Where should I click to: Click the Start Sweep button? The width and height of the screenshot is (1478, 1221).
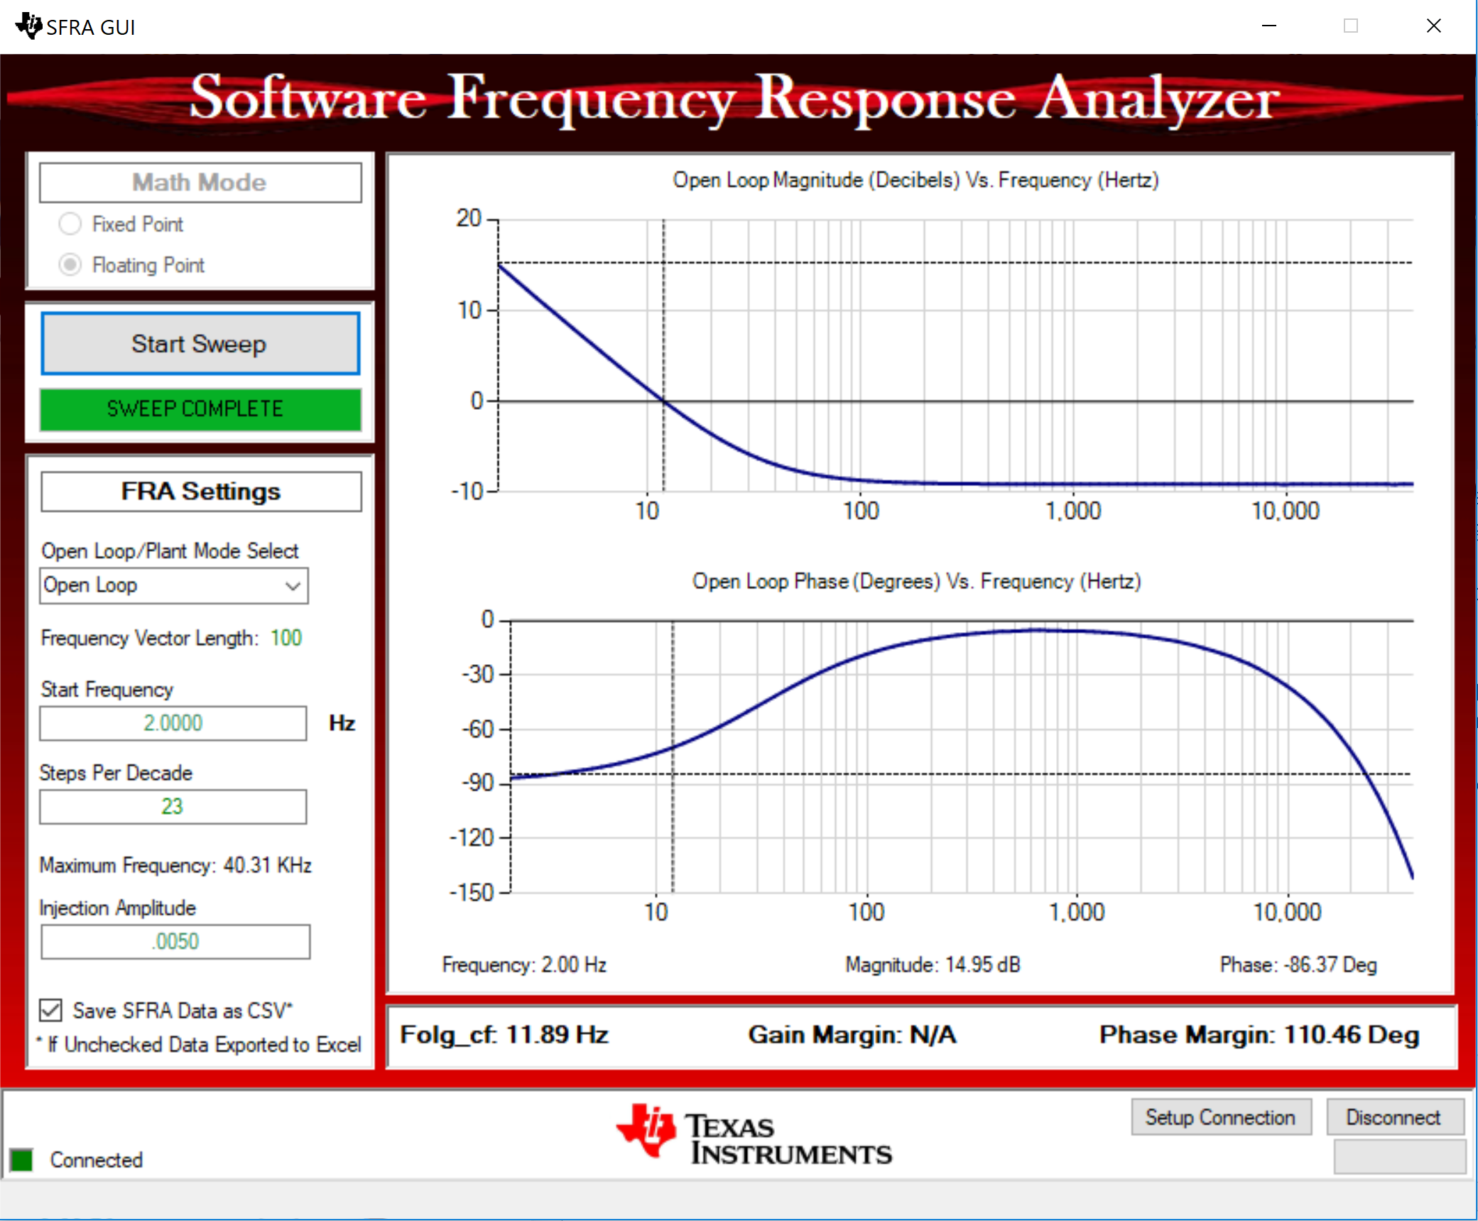click(x=200, y=344)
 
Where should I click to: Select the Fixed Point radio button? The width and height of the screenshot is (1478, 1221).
click(x=70, y=224)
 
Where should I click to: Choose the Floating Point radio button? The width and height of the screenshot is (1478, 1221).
click(x=70, y=265)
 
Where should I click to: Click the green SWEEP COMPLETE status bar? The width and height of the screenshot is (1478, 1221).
click(x=200, y=409)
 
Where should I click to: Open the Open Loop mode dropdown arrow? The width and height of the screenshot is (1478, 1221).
click(x=293, y=586)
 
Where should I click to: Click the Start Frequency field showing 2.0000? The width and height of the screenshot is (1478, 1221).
click(x=173, y=723)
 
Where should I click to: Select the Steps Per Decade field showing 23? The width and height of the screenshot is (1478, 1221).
click(x=173, y=807)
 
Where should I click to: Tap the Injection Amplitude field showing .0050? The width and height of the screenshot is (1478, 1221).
click(x=175, y=942)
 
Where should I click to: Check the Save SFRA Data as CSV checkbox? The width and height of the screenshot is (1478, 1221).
click(x=50, y=1010)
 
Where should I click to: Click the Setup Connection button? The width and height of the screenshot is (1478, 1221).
click(x=1221, y=1117)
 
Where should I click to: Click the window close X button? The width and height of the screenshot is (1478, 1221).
click(x=1434, y=26)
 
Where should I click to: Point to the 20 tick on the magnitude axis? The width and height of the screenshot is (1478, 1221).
click(x=469, y=218)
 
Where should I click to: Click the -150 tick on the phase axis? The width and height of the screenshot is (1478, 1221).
click(x=472, y=892)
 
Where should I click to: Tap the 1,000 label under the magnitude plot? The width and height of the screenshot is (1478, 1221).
click(x=1073, y=511)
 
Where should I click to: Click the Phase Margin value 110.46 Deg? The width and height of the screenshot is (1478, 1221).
click(x=1352, y=1035)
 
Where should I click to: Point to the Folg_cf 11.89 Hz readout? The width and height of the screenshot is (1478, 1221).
click(x=504, y=1035)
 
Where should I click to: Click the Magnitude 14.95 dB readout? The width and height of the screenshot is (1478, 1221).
click(x=933, y=965)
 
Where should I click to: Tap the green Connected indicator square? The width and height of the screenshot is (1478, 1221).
click(x=21, y=1160)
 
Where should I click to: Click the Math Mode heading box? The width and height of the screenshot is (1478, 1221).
click(x=200, y=183)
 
